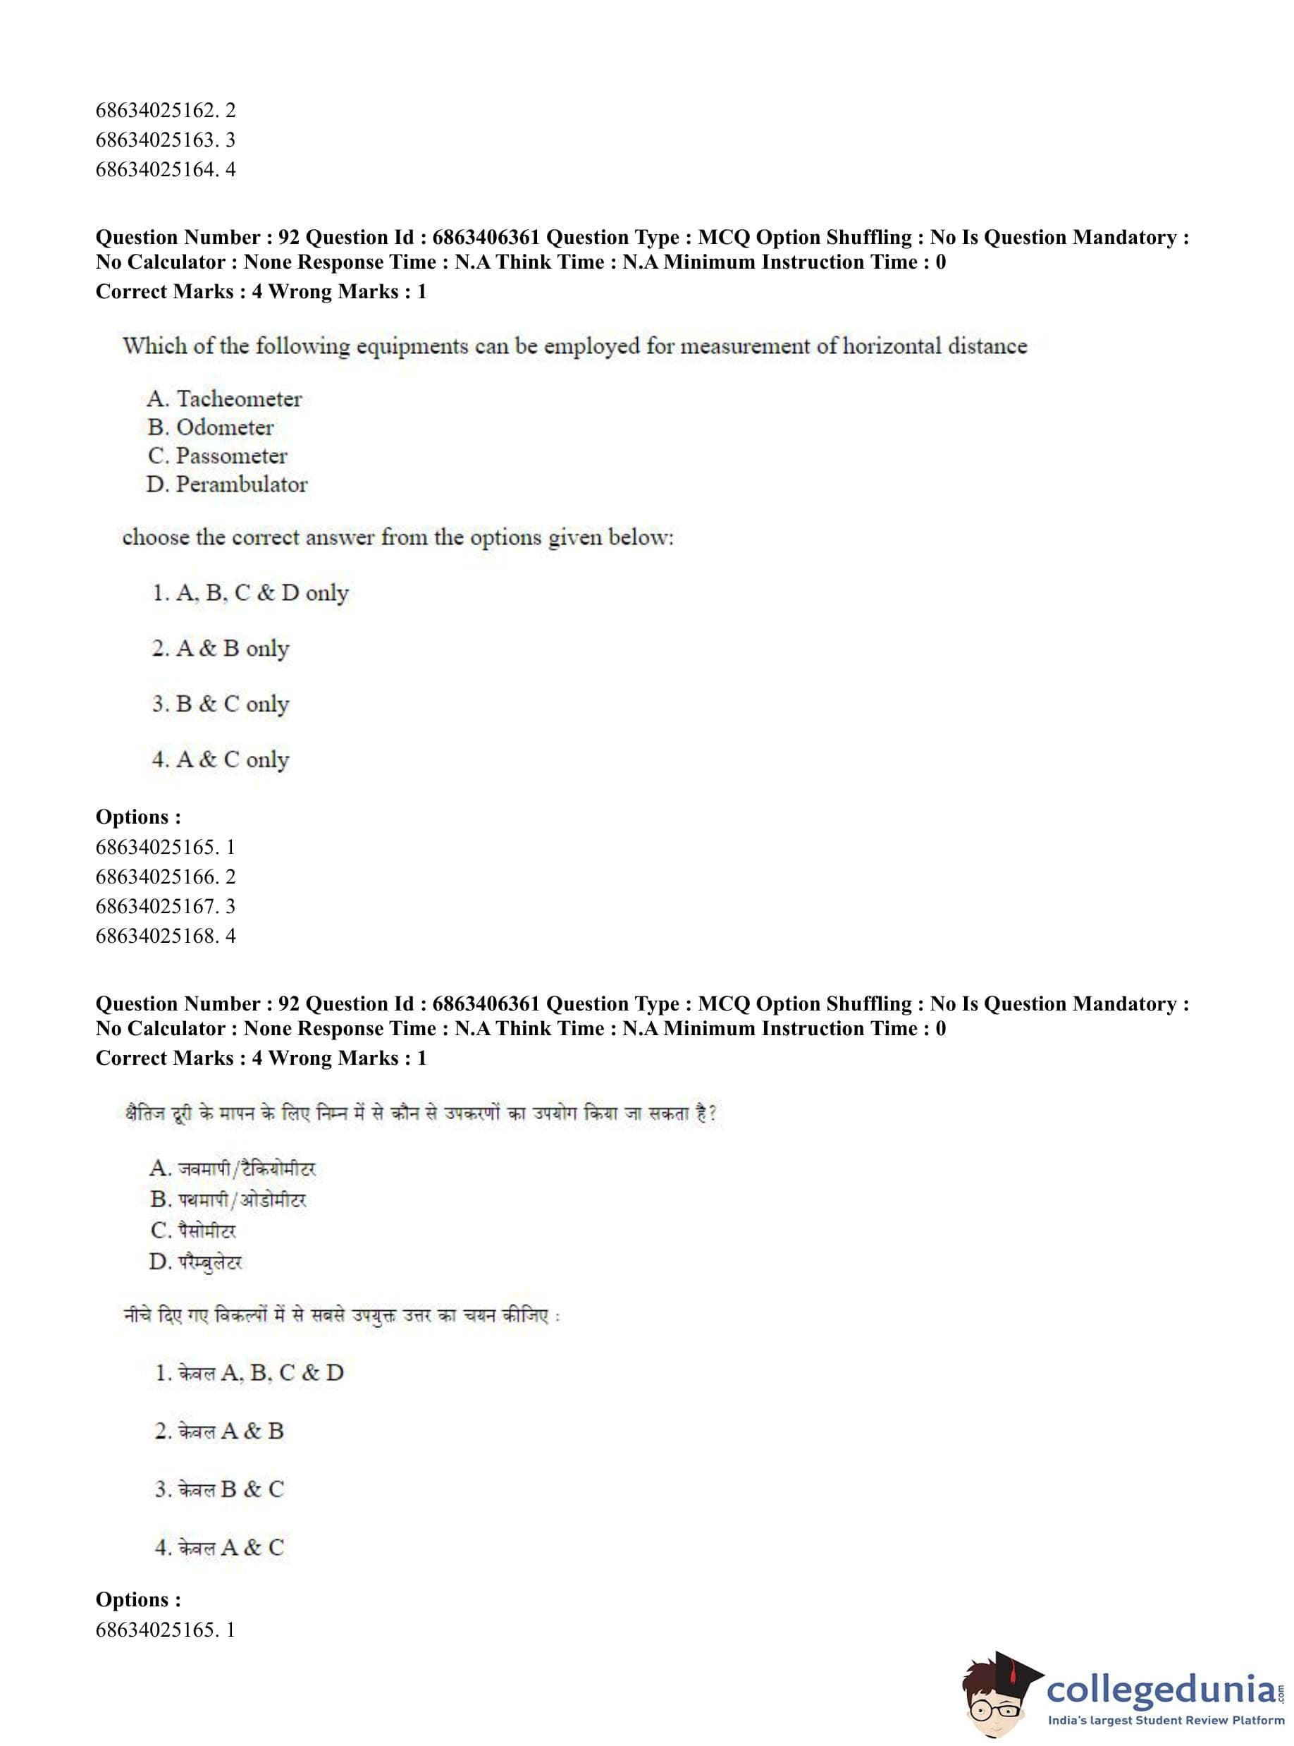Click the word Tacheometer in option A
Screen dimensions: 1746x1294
tap(239, 399)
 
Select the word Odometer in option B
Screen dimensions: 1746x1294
tap(225, 427)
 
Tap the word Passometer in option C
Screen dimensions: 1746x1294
tap(231, 456)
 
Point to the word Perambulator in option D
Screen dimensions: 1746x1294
tap(241, 484)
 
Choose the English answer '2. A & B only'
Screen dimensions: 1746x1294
tap(220, 648)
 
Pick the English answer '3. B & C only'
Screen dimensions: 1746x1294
tap(220, 704)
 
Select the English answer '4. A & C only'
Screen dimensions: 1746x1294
tap(220, 759)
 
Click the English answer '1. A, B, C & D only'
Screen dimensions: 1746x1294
tap(250, 592)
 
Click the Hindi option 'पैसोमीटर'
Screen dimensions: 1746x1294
tap(206, 1231)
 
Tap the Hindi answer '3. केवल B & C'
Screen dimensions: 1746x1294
tap(219, 1489)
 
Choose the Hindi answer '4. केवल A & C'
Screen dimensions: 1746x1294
tap(219, 1547)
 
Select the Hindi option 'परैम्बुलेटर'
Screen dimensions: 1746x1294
tap(210, 1262)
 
